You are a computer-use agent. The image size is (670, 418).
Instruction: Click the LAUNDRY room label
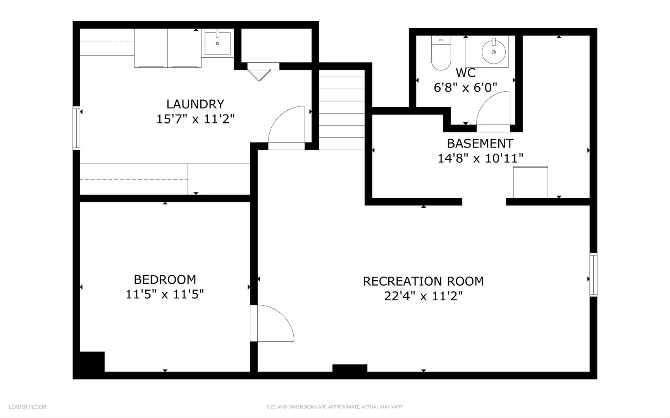click(x=195, y=104)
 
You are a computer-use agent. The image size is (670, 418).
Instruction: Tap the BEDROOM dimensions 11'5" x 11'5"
click(x=165, y=295)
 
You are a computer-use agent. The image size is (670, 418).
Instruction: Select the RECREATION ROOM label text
click(x=423, y=281)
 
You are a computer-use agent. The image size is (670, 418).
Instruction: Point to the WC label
click(x=465, y=72)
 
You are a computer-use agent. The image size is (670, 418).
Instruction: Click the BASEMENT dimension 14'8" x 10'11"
click(x=481, y=158)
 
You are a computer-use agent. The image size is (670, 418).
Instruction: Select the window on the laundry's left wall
click(x=77, y=128)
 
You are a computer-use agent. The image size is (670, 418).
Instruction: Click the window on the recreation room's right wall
click(x=593, y=275)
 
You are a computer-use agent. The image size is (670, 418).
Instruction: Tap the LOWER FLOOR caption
click(x=28, y=407)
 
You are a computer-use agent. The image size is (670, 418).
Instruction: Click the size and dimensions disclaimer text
click(x=335, y=407)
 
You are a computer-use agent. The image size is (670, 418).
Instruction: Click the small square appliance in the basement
click(x=530, y=182)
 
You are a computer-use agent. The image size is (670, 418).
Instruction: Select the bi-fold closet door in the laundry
click(x=259, y=71)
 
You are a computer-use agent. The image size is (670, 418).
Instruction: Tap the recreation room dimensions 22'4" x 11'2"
click(x=424, y=296)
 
